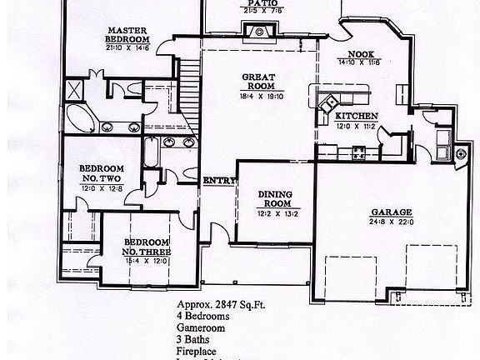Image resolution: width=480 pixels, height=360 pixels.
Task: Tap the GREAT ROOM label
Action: (258, 81)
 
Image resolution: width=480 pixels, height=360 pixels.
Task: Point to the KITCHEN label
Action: (357, 116)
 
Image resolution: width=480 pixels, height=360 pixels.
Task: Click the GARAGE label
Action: (388, 212)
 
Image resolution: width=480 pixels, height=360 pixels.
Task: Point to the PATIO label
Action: (258, 3)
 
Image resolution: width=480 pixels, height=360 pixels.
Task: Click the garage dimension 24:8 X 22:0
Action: (389, 222)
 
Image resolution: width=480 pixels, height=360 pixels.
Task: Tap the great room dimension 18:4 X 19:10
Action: (259, 95)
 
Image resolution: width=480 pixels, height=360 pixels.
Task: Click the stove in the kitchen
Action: (359, 152)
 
